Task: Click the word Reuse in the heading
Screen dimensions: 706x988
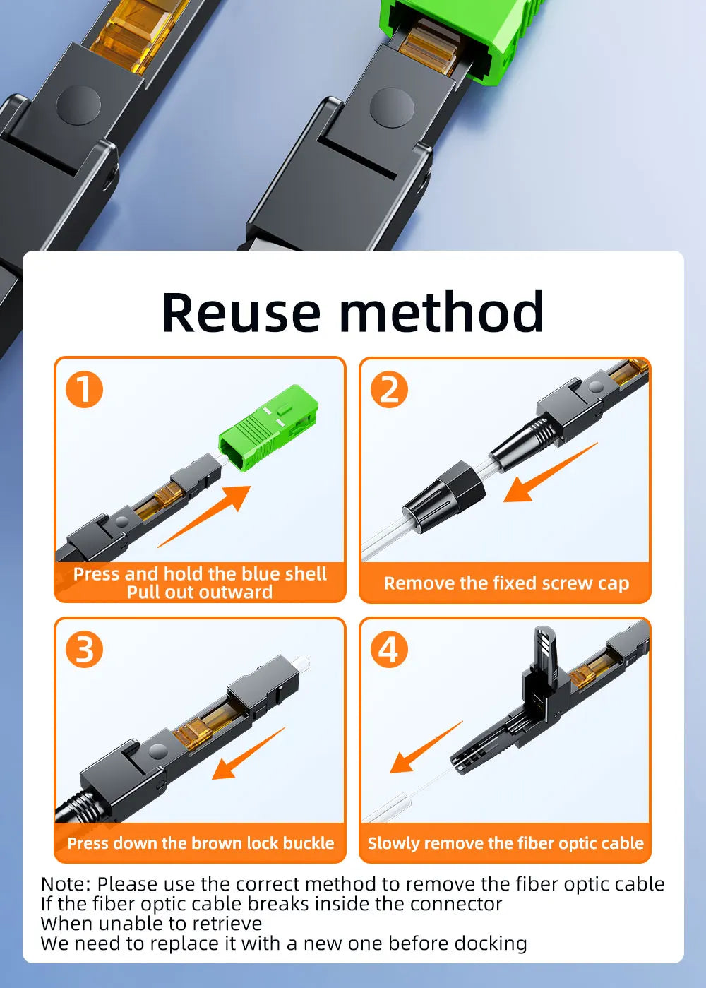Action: pyautogui.click(x=241, y=312)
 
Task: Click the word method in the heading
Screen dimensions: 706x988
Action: pyautogui.click(x=442, y=311)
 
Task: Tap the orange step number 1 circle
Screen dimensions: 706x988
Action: pyautogui.click(x=84, y=389)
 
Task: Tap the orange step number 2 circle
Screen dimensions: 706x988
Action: pyautogui.click(x=389, y=389)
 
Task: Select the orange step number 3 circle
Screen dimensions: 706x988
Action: pyautogui.click(x=84, y=650)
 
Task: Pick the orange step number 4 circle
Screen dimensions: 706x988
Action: pyautogui.click(x=389, y=650)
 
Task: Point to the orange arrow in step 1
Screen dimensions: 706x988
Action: pyautogui.click(x=204, y=516)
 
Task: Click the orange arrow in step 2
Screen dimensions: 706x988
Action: pyautogui.click(x=551, y=472)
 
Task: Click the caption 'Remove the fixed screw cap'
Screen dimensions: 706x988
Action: pyautogui.click(x=506, y=583)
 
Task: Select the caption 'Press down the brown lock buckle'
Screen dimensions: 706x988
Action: pyautogui.click(x=201, y=843)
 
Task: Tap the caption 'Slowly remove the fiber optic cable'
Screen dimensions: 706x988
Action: pyautogui.click(x=505, y=843)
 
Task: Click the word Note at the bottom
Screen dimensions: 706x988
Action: pyautogui.click(x=66, y=884)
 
